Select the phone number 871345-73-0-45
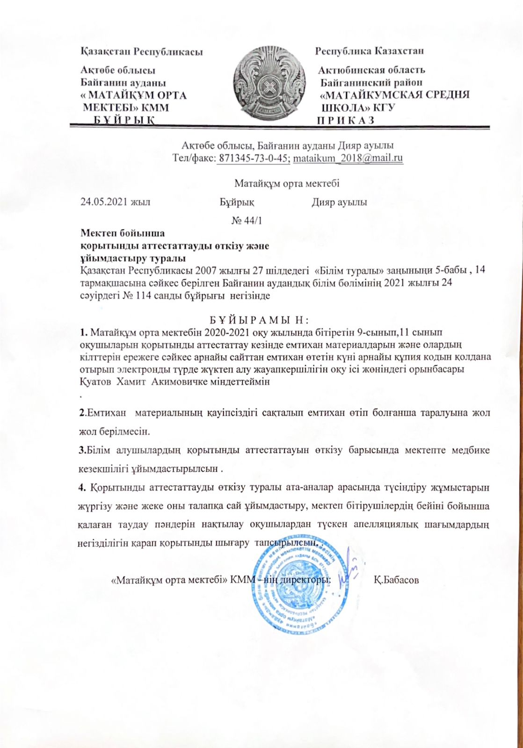pyautogui.click(x=254, y=158)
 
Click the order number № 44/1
pyautogui.click(x=247, y=221)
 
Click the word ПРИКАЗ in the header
pyautogui.click(x=346, y=120)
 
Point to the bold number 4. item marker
pyautogui.click(x=82, y=488)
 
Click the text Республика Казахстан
pyautogui.click(x=370, y=51)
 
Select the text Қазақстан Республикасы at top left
pyautogui.click(x=142, y=51)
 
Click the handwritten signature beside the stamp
pyautogui.click(x=350, y=566)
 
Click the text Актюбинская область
pyautogui.click(x=371, y=70)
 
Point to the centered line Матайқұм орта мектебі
pyautogui.click(x=287, y=184)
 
